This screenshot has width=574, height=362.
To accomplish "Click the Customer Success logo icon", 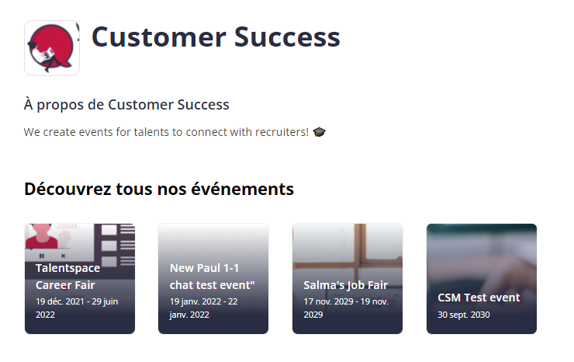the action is [x=52, y=48].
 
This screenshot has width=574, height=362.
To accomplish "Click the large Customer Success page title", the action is [x=216, y=37].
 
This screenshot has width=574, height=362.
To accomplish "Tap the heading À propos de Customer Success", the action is [x=126, y=105].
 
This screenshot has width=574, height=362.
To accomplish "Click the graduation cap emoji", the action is [x=320, y=132].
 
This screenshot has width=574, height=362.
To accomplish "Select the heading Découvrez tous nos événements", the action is [x=159, y=190].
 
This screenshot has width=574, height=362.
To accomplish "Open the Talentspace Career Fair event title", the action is [x=67, y=277].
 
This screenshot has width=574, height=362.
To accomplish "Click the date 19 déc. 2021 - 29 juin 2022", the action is [x=77, y=308].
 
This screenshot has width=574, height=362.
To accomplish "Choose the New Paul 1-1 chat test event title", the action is [x=213, y=277].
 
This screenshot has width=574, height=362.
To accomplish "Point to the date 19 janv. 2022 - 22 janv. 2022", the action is [x=203, y=308].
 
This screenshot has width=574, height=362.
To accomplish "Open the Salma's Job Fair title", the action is [x=346, y=285].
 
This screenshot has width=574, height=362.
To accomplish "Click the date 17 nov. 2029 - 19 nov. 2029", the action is [x=346, y=308].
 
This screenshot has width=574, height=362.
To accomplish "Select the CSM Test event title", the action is [x=479, y=298].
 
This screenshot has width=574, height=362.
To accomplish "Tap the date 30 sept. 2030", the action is [x=464, y=315].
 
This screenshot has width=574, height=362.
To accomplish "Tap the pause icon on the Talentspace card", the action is [x=41, y=256].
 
